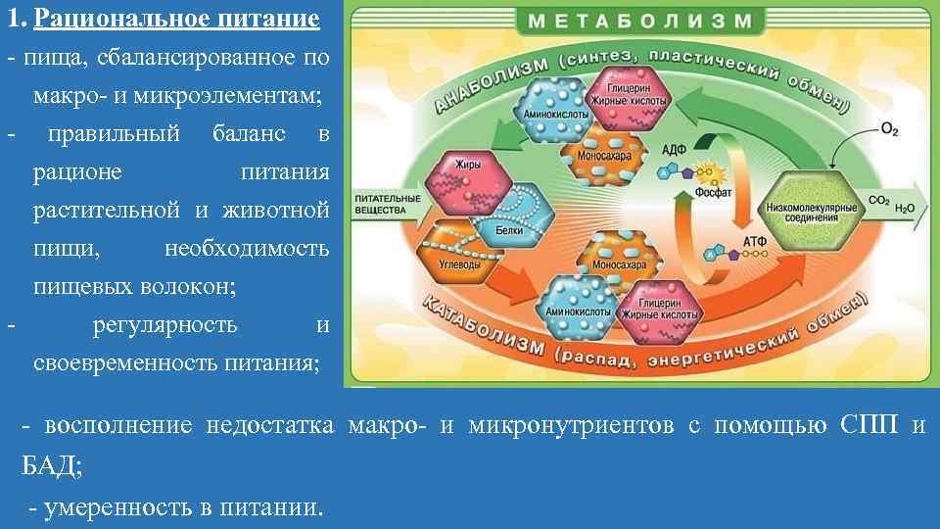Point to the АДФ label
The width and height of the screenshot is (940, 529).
[674, 149]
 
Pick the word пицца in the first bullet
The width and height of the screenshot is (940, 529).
[55, 59]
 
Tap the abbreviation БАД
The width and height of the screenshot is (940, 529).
[50, 466]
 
